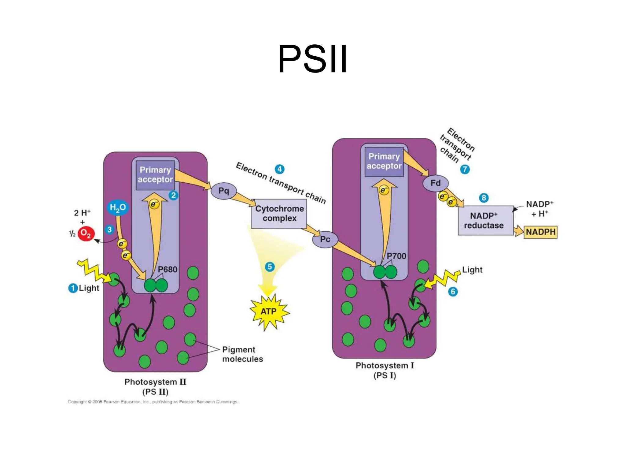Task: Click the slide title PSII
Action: click(x=312, y=59)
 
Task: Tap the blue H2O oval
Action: click(x=118, y=208)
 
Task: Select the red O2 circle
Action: click(x=86, y=234)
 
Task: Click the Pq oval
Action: click(x=224, y=191)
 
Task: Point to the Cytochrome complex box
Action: click(x=279, y=214)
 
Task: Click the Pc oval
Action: click(x=325, y=239)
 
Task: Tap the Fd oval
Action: click(x=435, y=183)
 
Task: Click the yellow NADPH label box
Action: click(x=540, y=232)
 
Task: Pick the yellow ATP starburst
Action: click(x=269, y=312)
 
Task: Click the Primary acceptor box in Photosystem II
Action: click(x=155, y=175)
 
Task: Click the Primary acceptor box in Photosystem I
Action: click(x=384, y=161)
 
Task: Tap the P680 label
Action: click(x=168, y=270)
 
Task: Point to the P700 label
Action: click(x=396, y=256)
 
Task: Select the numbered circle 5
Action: click(x=270, y=267)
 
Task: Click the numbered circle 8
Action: click(x=484, y=198)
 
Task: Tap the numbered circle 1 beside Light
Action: click(x=73, y=288)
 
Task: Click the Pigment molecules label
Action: click(x=242, y=354)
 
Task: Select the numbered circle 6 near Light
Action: click(x=453, y=292)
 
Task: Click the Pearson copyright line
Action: click(x=153, y=402)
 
